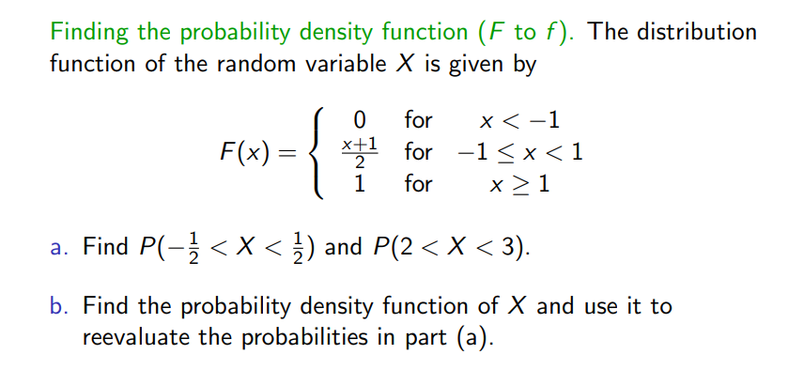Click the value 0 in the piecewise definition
358,121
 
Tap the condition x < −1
518,121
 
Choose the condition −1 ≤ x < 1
518,152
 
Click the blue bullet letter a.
58,249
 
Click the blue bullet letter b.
59,307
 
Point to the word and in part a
343,249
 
